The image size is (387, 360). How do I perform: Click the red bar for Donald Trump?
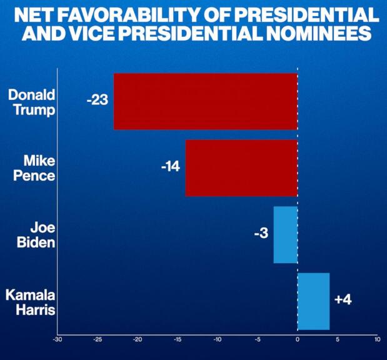205,101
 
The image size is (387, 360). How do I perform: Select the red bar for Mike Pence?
241,167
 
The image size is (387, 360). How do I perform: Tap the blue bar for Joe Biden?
285,234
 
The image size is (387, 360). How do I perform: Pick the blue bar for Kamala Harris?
313,301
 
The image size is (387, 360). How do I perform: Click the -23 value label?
98,99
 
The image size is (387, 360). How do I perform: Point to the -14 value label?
170,167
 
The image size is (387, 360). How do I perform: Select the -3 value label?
261,234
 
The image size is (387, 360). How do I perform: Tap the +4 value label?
343,300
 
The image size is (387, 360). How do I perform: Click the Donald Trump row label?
32,102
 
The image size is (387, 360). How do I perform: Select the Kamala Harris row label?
31,301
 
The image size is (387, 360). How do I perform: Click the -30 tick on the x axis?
58,340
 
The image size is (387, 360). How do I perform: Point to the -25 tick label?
98,340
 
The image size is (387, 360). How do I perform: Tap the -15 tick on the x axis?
178,340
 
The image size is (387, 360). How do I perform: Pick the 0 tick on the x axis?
298,340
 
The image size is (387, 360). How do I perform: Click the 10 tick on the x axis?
377,340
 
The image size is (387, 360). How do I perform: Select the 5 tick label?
338,340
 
